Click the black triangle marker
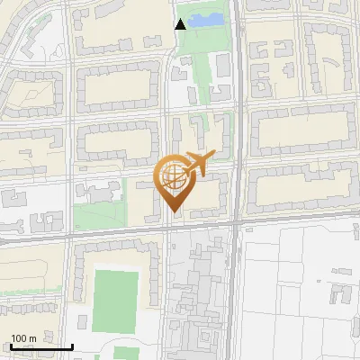click(x=181, y=24)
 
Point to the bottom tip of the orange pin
click(x=171, y=213)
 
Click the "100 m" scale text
click(x=24, y=338)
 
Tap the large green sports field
click(x=116, y=300)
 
